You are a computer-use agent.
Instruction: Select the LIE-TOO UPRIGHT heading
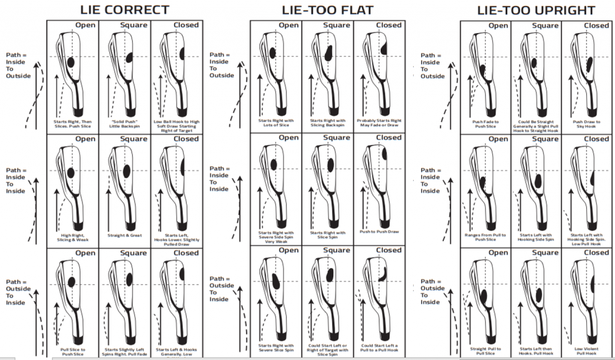coord(536,10)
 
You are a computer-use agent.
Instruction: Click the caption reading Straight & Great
coord(124,235)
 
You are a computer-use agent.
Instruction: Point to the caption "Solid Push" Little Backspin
coord(124,124)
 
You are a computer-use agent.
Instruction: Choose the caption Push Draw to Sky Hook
coord(588,124)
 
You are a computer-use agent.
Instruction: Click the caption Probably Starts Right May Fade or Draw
coord(380,123)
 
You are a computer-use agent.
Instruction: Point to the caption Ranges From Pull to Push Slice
coord(484,237)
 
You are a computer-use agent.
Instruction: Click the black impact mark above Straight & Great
coord(130,169)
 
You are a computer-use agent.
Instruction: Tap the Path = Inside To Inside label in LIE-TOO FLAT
coord(219,178)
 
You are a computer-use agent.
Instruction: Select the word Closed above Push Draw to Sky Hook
coord(596,25)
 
